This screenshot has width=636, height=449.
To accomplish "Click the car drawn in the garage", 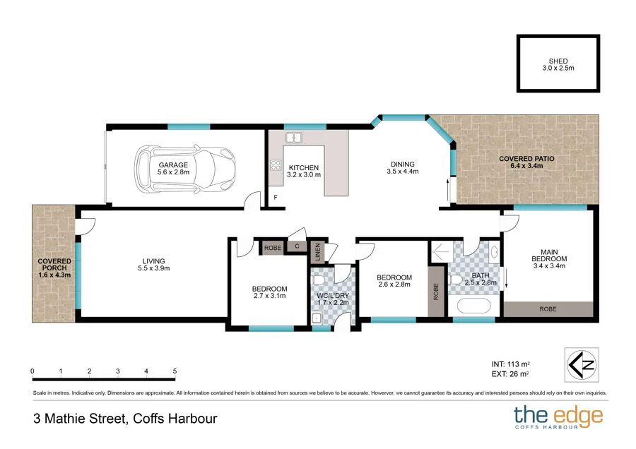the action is click(x=185, y=169).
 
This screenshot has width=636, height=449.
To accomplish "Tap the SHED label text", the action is click(x=558, y=61).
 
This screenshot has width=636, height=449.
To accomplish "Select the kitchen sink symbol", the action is click(x=293, y=138).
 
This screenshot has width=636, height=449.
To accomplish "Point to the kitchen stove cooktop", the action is click(x=276, y=165).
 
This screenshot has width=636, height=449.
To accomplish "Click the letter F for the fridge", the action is click(x=276, y=198).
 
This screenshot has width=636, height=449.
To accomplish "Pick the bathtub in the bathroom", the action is click(x=473, y=306).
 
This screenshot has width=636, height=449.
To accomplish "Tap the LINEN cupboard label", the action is click(x=318, y=251).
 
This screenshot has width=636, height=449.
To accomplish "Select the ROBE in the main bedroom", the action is click(x=548, y=309).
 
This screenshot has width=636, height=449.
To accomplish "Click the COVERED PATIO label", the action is click(x=526, y=159).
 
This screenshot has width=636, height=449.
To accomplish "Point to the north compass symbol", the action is click(x=582, y=365).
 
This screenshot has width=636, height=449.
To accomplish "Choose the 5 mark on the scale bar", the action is click(x=175, y=371).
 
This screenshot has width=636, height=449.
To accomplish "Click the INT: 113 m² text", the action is click(x=511, y=364).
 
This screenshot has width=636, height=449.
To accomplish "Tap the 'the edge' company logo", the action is click(x=558, y=417).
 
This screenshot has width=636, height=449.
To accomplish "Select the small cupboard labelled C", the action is click(x=297, y=246).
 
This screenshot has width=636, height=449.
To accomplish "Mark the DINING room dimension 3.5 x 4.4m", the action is click(x=403, y=172).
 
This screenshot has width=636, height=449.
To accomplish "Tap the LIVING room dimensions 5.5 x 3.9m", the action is click(x=154, y=268).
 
